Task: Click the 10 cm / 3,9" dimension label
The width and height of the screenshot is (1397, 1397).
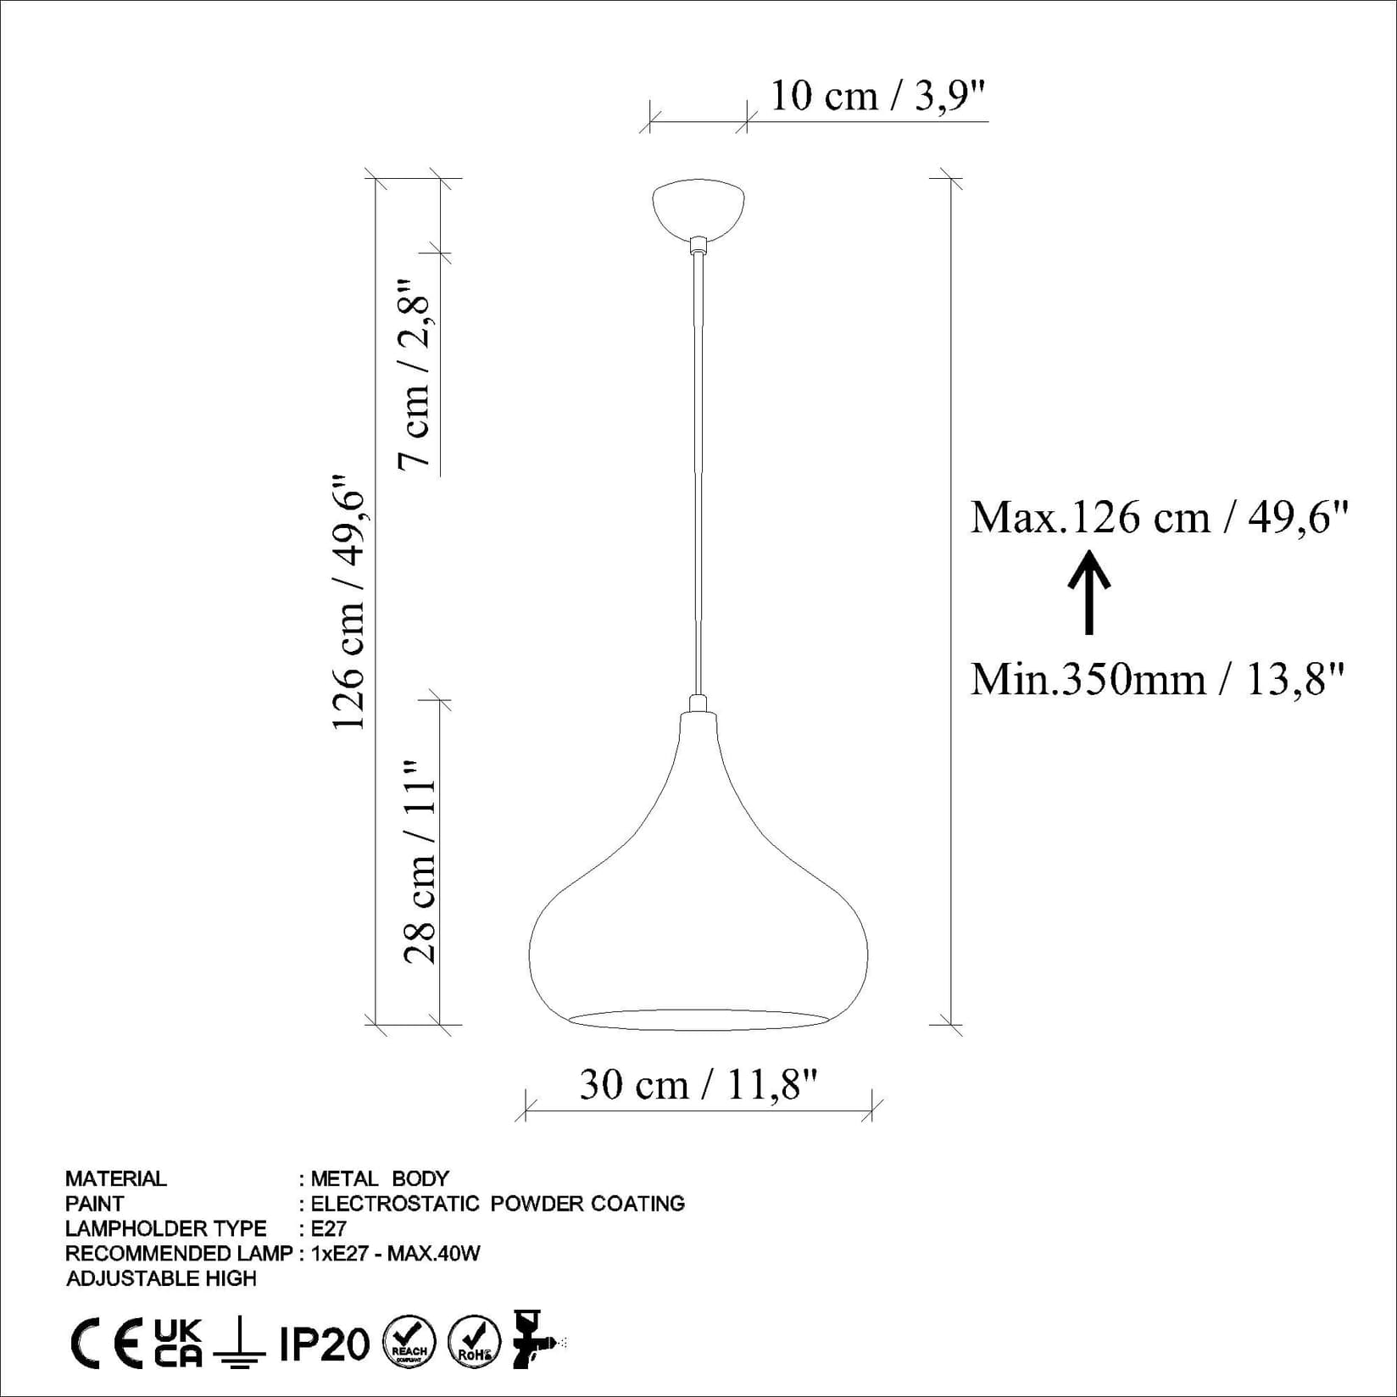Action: click(x=878, y=96)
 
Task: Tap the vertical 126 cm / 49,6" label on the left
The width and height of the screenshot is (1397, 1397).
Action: click(x=348, y=602)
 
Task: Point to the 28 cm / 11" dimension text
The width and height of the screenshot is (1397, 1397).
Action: click(x=420, y=861)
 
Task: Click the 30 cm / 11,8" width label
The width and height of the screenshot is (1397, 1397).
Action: click(x=698, y=1084)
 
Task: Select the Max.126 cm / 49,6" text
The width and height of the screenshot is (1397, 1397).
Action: click(x=1158, y=517)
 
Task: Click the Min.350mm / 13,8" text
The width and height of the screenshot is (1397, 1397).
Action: click(x=1158, y=679)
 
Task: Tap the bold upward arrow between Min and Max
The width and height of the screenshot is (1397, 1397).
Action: click(x=1089, y=592)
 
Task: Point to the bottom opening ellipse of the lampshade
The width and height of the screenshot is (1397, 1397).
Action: click(x=698, y=1019)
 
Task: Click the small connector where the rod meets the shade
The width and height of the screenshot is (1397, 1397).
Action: click(x=698, y=704)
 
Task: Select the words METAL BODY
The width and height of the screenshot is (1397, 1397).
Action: click(x=380, y=1178)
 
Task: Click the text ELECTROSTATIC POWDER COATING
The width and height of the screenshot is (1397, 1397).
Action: click(x=498, y=1203)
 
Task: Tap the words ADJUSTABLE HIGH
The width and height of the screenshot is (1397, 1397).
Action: click(x=161, y=1278)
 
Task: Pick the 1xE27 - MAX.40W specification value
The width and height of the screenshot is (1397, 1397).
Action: click(x=395, y=1253)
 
